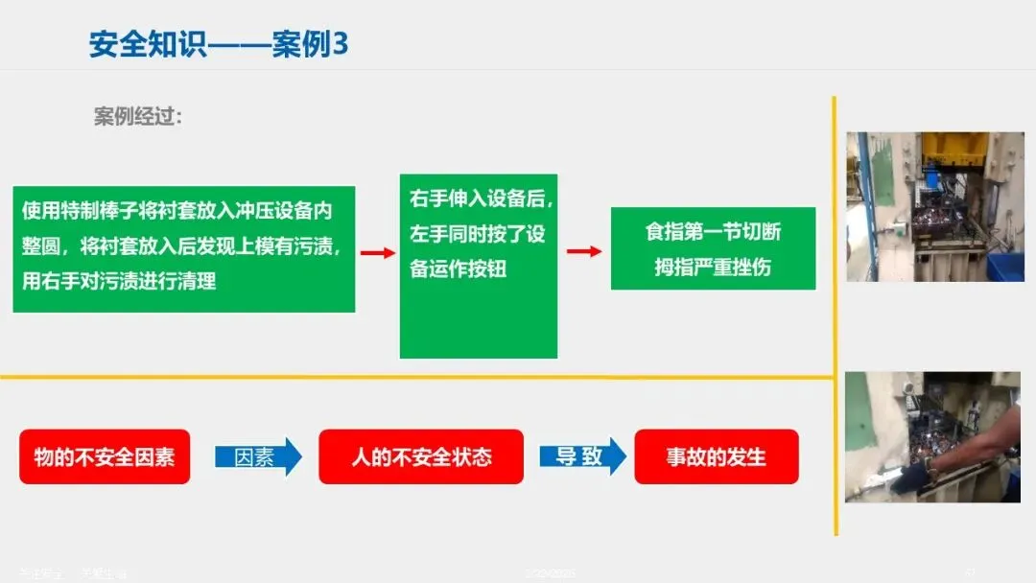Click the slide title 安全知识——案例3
218,44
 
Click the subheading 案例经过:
137,117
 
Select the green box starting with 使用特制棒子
184,248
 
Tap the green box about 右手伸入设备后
478,266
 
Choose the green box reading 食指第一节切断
713,248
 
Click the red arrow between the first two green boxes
377,252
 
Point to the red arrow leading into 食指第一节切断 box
584,251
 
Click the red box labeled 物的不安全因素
105,456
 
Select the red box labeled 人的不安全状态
421,456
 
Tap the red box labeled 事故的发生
717,456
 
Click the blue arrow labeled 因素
257,456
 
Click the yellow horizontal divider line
412,377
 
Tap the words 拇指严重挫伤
713,268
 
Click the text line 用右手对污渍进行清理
119,282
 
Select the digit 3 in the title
339,44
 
